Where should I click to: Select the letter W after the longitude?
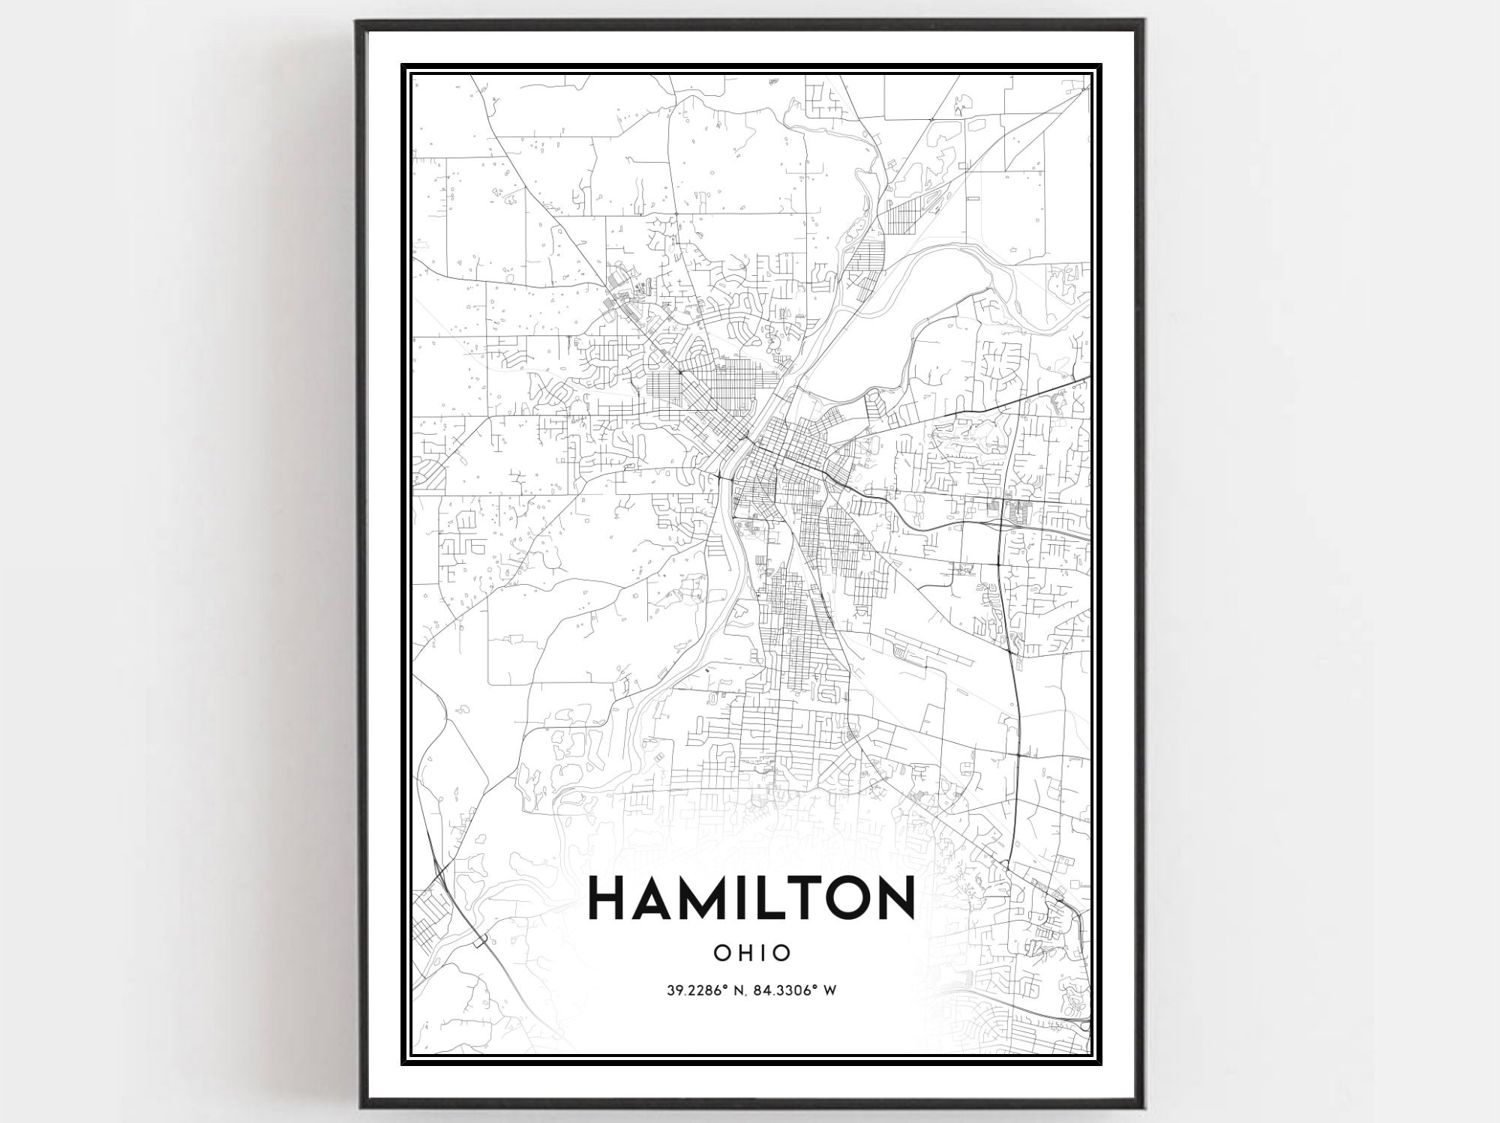pyautogui.click(x=829, y=990)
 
